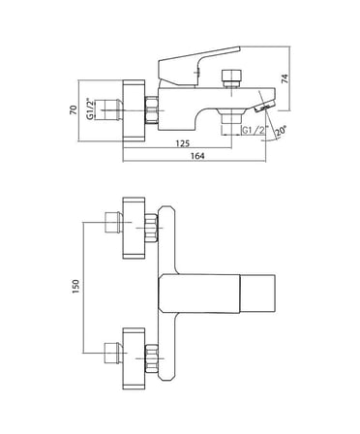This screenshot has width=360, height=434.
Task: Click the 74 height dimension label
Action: (285, 78)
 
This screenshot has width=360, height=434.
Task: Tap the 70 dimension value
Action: (74, 109)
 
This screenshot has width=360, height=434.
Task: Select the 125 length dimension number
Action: (183, 143)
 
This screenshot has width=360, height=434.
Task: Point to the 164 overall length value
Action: (197, 156)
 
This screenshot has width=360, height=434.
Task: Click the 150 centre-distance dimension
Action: (75, 287)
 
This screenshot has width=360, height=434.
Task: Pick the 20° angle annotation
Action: (281, 131)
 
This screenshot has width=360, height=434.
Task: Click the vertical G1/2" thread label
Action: (91, 108)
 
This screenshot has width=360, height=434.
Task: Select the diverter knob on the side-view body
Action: (232, 77)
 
